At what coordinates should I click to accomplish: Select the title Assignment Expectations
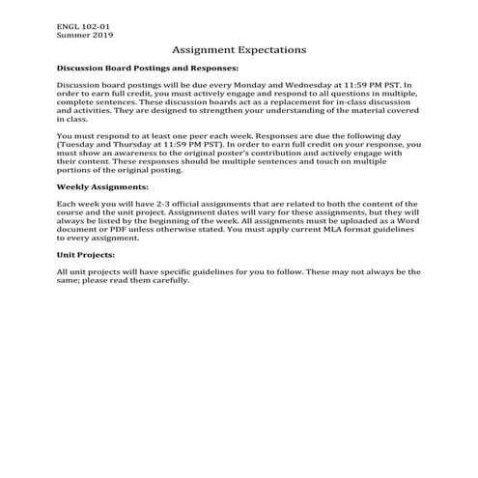coord(239,49)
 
